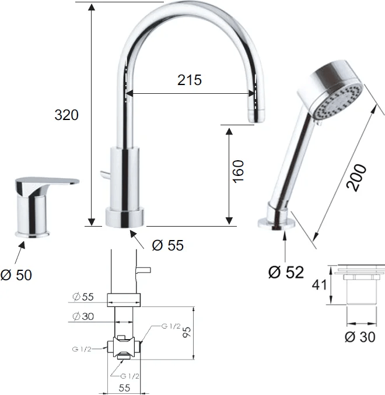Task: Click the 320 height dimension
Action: [x=66, y=115]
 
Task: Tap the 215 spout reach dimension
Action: [x=190, y=80]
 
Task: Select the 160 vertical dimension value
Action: [x=239, y=171]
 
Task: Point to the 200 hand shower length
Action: [x=356, y=178]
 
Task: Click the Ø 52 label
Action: [x=286, y=272]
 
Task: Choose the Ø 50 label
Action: [x=16, y=275]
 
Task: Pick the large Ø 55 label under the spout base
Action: [x=168, y=245]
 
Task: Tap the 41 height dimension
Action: [x=320, y=285]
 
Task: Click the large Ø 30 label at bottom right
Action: [x=360, y=337]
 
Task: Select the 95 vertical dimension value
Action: [x=187, y=332]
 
